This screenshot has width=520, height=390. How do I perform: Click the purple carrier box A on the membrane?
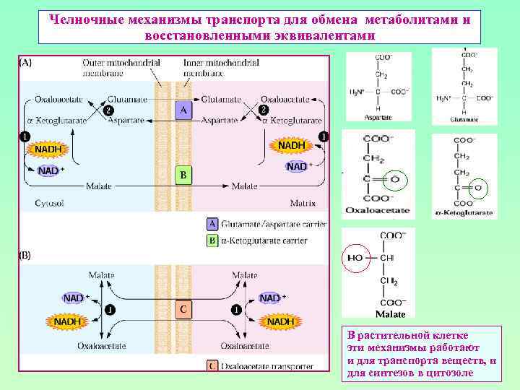coord(183,110)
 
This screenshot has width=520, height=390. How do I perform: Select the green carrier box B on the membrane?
coord(183,175)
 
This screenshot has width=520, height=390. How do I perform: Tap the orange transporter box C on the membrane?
coord(183,309)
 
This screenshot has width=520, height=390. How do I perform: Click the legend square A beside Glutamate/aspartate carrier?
coord(212,225)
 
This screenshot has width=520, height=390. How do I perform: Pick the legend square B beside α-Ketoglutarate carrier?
coord(212,239)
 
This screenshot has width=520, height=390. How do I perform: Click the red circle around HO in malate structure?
coord(355,257)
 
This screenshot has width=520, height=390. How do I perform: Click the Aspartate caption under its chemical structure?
coord(378,116)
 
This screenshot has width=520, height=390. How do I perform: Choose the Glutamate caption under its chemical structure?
coord(464,118)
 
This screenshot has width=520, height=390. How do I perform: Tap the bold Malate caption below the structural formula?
coord(390,314)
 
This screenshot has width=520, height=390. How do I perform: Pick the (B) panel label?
coord(24,255)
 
